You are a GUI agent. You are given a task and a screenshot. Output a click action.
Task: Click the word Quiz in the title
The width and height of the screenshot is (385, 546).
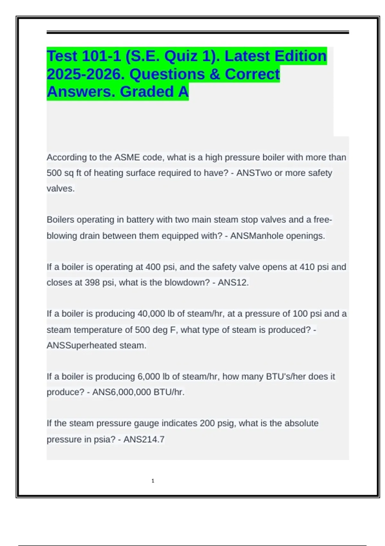pyautogui.click(x=181, y=56)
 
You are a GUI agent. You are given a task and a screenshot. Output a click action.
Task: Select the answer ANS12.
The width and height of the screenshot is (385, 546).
pyautogui.click(x=233, y=283)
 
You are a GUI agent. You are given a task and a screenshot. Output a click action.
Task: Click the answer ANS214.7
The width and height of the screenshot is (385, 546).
pyautogui.click(x=144, y=439)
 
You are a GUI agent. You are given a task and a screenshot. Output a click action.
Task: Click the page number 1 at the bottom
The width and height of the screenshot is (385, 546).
pyautogui.click(x=153, y=481)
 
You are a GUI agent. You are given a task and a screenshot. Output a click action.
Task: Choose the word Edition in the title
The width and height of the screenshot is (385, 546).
pyautogui.click(x=300, y=56)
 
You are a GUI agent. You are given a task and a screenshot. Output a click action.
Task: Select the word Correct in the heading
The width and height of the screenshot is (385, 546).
pyautogui.click(x=252, y=74)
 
